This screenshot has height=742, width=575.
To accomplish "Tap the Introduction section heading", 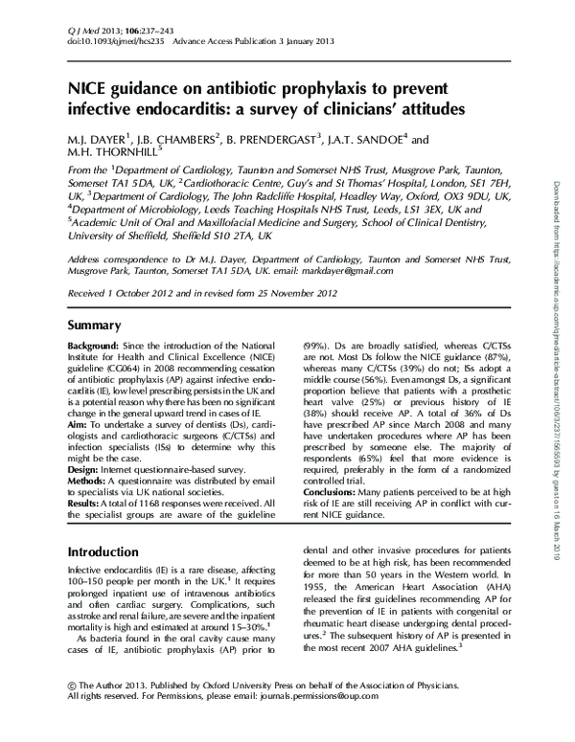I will tap(112, 552).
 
